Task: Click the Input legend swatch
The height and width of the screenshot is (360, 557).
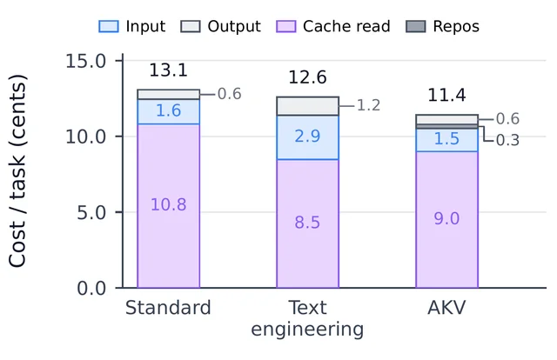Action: click(109, 27)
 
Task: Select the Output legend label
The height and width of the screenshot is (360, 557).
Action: click(234, 26)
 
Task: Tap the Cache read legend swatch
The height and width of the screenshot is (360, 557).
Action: click(286, 27)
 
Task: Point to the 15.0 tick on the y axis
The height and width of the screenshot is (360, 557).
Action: click(85, 61)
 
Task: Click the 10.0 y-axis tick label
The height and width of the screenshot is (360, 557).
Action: click(85, 137)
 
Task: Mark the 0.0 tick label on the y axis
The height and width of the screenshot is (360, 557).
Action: click(91, 288)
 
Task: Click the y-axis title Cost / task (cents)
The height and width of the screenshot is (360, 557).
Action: click(17, 170)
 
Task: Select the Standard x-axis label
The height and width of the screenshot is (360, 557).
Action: click(168, 308)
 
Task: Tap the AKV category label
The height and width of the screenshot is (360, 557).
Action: click(446, 308)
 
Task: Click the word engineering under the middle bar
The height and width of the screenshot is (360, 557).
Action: click(307, 330)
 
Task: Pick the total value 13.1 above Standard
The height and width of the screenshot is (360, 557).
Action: click(168, 70)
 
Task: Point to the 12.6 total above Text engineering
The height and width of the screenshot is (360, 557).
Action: click(307, 77)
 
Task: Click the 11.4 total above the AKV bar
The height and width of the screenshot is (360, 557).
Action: click(446, 95)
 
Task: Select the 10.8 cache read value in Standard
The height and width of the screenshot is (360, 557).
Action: click(168, 205)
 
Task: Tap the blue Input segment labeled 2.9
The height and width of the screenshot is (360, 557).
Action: click(307, 137)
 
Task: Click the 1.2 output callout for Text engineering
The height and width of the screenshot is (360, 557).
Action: click(368, 105)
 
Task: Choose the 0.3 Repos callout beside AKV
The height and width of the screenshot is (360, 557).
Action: click(507, 141)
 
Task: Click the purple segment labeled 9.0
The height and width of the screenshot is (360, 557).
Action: click(446, 220)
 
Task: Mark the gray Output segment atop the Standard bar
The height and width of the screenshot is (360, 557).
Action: click(168, 95)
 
